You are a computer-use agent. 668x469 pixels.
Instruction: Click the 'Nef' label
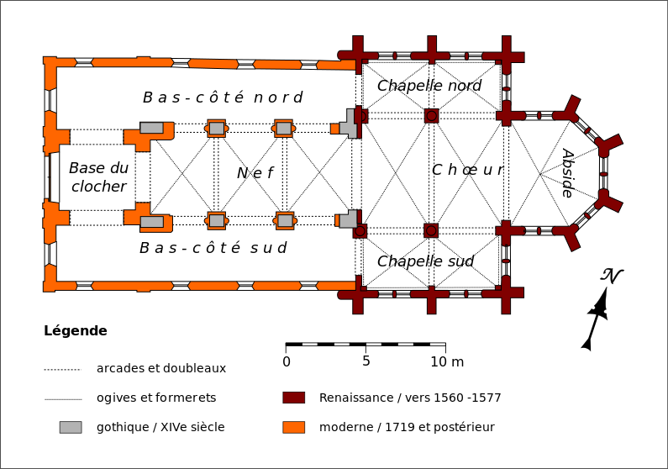pos(255,173)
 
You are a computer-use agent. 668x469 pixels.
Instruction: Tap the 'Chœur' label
pos(467,170)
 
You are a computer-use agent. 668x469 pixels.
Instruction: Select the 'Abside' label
pos(568,173)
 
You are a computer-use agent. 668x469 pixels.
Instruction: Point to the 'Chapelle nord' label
pos(429,86)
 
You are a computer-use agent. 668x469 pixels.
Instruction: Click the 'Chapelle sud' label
pos(425,261)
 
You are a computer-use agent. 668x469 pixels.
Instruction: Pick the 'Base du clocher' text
pos(99,177)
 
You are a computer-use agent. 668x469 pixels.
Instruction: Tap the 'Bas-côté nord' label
pos(223,97)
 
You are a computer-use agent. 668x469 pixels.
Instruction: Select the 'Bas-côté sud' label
pos(213,247)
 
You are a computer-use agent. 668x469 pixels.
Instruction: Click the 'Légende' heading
pos(76,331)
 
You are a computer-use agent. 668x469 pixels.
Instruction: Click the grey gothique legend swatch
pos(71,427)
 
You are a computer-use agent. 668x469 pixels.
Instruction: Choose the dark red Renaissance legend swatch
pos(294,398)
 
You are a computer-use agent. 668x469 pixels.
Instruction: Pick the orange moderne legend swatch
pos(294,427)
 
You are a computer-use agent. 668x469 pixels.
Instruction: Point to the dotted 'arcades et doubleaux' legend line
pos(63,370)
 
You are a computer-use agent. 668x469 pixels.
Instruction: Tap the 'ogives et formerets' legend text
pos(156,398)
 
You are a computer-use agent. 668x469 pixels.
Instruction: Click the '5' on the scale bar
pos(366,361)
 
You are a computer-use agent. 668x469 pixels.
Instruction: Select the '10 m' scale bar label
pos(447,362)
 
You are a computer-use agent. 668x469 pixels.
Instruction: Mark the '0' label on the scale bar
pos(287,362)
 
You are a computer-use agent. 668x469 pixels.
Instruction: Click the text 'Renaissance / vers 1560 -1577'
pos(410,398)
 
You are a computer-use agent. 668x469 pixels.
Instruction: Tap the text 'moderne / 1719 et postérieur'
pos(407,427)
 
